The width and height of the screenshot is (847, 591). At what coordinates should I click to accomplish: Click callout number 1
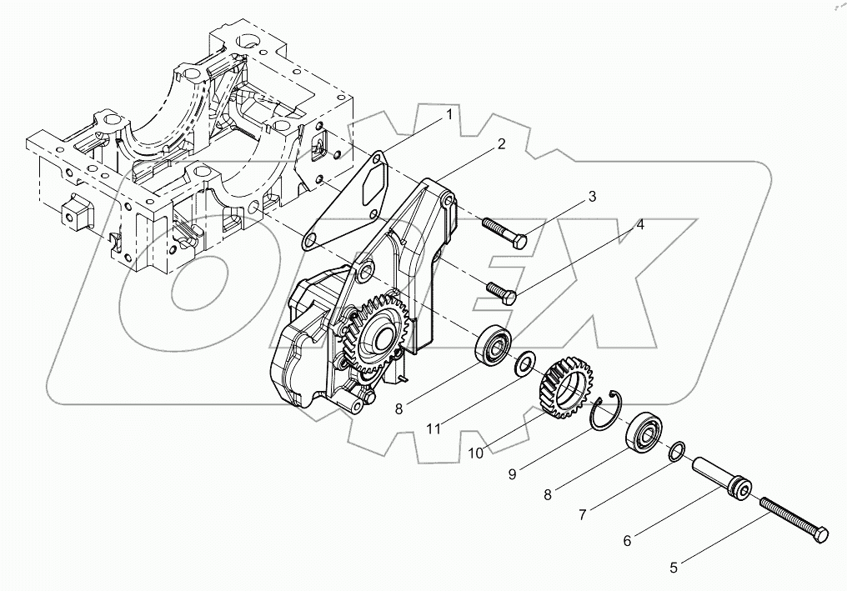pos(449,114)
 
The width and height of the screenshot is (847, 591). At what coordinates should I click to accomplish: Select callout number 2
pos(500,143)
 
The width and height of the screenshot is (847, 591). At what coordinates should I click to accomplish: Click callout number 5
pos(674,568)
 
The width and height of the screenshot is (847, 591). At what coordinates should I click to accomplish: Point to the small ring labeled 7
pos(677,452)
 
